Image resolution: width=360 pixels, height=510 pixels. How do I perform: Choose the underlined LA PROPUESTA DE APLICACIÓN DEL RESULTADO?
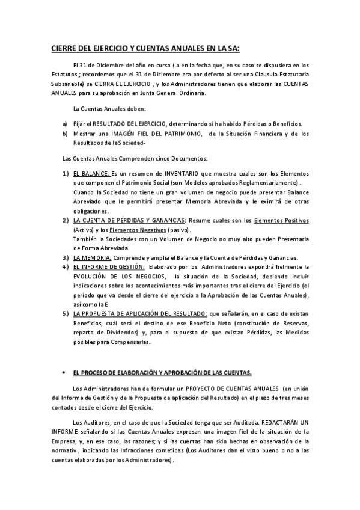click(x=139, y=313)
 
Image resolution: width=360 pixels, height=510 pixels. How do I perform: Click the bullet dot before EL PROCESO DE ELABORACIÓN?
click(x=63, y=373)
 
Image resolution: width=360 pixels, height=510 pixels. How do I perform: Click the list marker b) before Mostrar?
click(x=65, y=134)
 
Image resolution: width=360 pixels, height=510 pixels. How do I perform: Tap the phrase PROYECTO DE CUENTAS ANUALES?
click(x=228, y=389)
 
